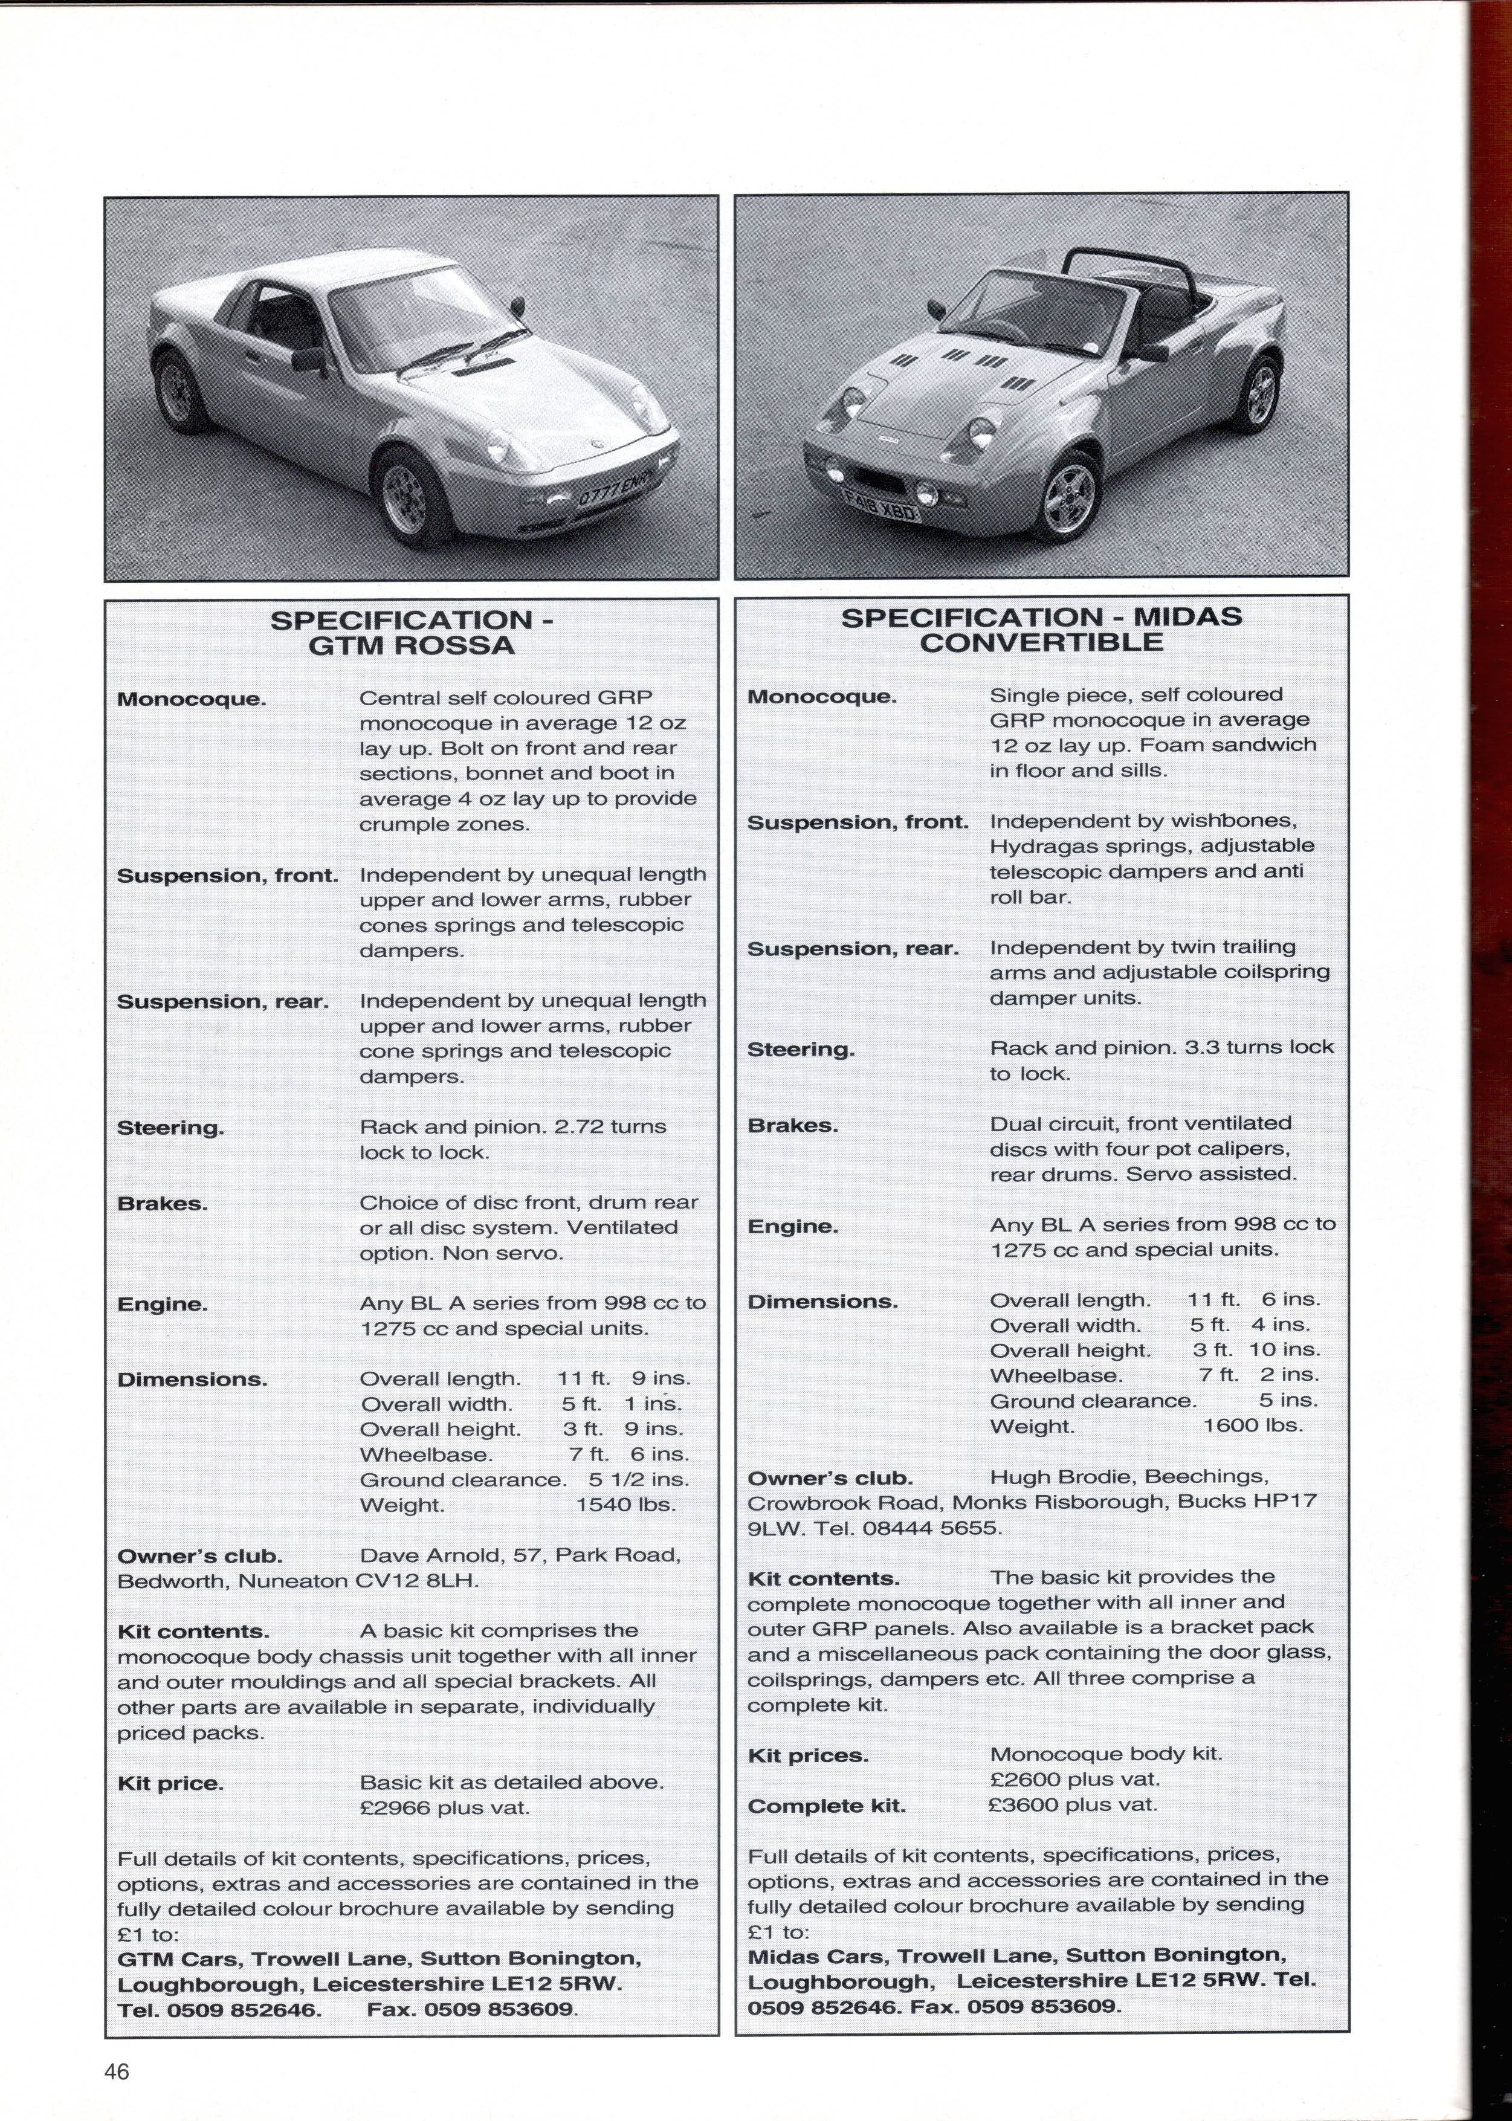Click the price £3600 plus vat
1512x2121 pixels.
pos(1073,1804)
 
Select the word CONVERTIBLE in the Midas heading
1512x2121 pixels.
pos(1042,642)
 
